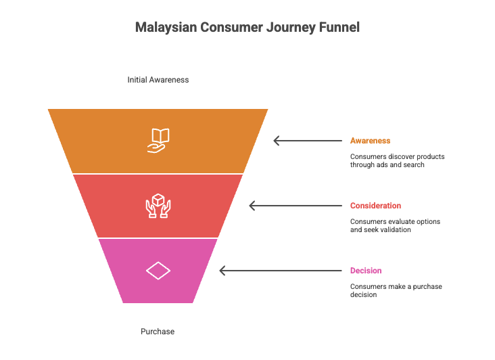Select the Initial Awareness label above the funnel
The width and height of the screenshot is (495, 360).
click(158, 80)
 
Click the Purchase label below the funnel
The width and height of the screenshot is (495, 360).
click(158, 332)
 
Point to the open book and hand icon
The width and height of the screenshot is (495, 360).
click(158, 140)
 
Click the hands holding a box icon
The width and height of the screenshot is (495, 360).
click(158, 206)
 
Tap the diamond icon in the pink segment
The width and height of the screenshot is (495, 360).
click(158, 271)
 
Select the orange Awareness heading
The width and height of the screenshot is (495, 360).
click(370, 141)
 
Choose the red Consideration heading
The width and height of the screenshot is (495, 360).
click(375, 206)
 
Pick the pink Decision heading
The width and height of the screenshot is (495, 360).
click(366, 271)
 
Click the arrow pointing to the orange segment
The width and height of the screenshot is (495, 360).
click(308, 141)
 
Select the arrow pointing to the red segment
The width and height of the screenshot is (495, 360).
click(296, 206)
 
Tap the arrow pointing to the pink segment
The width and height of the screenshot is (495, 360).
click(281, 271)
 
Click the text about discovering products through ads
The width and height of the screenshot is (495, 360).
click(397, 160)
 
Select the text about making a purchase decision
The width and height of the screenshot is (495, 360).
click(396, 290)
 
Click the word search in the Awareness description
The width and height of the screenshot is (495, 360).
click(414, 165)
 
